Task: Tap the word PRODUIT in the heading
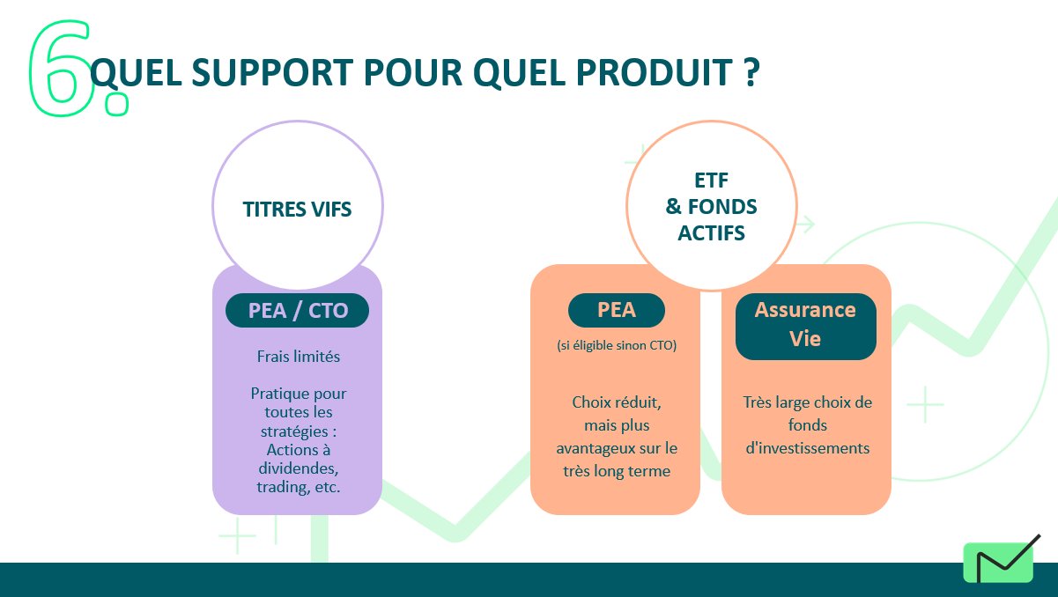click(x=655, y=73)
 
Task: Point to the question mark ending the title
click(x=751, y=72)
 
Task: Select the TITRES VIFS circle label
click(x=297, y=209)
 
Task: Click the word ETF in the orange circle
click(x=711, y=181)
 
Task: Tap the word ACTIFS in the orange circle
click(x=711, y=233)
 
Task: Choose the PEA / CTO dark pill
click(x=297, y=311)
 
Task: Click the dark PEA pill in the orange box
click(x=617, y=310)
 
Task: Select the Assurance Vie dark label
click(x=806, y=327)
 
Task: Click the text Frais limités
click(x=299, y=357)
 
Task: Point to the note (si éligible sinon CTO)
click(x=617, y=345)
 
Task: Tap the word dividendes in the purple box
click(x=299, y=468)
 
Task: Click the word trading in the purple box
click(x=280, y=487)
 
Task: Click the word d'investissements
click(x=808, y=448)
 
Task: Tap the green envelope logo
click(x=998, y=562)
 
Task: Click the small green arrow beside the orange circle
click(x=806, y=225)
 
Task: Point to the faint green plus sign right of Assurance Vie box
click(x=925, y=404)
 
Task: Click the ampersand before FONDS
click(x=673, y=207)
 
